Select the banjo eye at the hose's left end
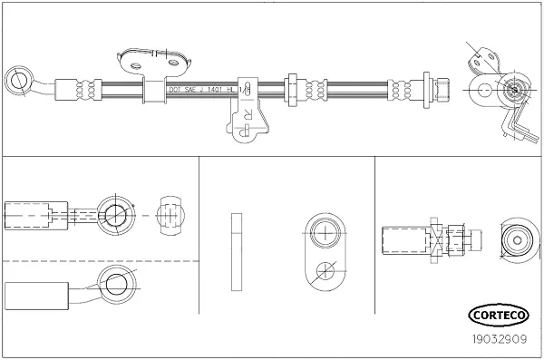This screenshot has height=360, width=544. pyautogui.click(x=17, y=80)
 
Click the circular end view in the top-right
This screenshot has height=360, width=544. pyautogui.click(x=511, y=89)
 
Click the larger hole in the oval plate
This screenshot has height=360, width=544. pyautogui.click(x=325, y=232)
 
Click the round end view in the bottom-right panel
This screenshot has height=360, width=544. pyautogui.click(x=519, y=240)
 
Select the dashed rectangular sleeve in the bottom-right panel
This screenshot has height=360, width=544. pyautogui.click(x=403, y=241)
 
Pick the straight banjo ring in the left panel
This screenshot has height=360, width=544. pyautogui.click(x=116, y=215)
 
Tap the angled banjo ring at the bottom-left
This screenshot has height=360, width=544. pyautogui.click(x=116, y=285)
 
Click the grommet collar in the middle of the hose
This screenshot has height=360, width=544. pyautogui.click(x=292, y=89)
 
